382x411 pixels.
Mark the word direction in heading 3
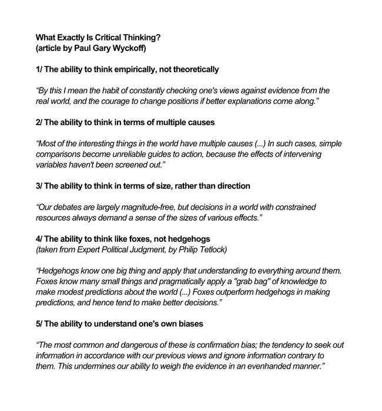point(228,186)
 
